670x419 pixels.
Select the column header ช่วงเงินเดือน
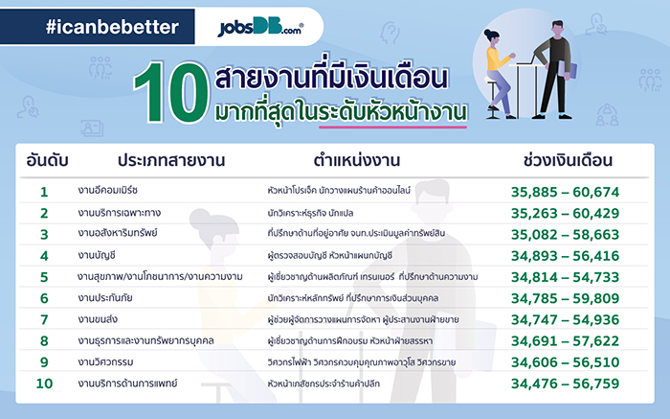point(568,160)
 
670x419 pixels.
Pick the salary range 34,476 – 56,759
point(568,384)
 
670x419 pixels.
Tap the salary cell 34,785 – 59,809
point(568,298)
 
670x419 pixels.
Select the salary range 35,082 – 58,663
point(568,234)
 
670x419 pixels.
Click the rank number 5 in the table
point(44,277)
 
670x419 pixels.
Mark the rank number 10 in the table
point(44,384)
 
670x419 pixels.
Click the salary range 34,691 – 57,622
point(568,341)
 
